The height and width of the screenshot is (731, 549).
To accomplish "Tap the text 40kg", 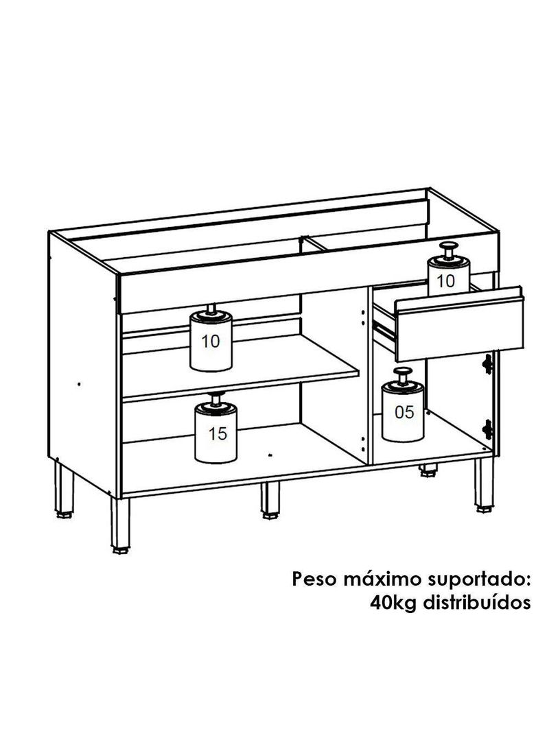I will [x=394, y=603].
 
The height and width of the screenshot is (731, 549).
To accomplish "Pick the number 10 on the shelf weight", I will [x=211, y=341].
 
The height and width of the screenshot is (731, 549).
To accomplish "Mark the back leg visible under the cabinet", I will [x=429, y=471].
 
